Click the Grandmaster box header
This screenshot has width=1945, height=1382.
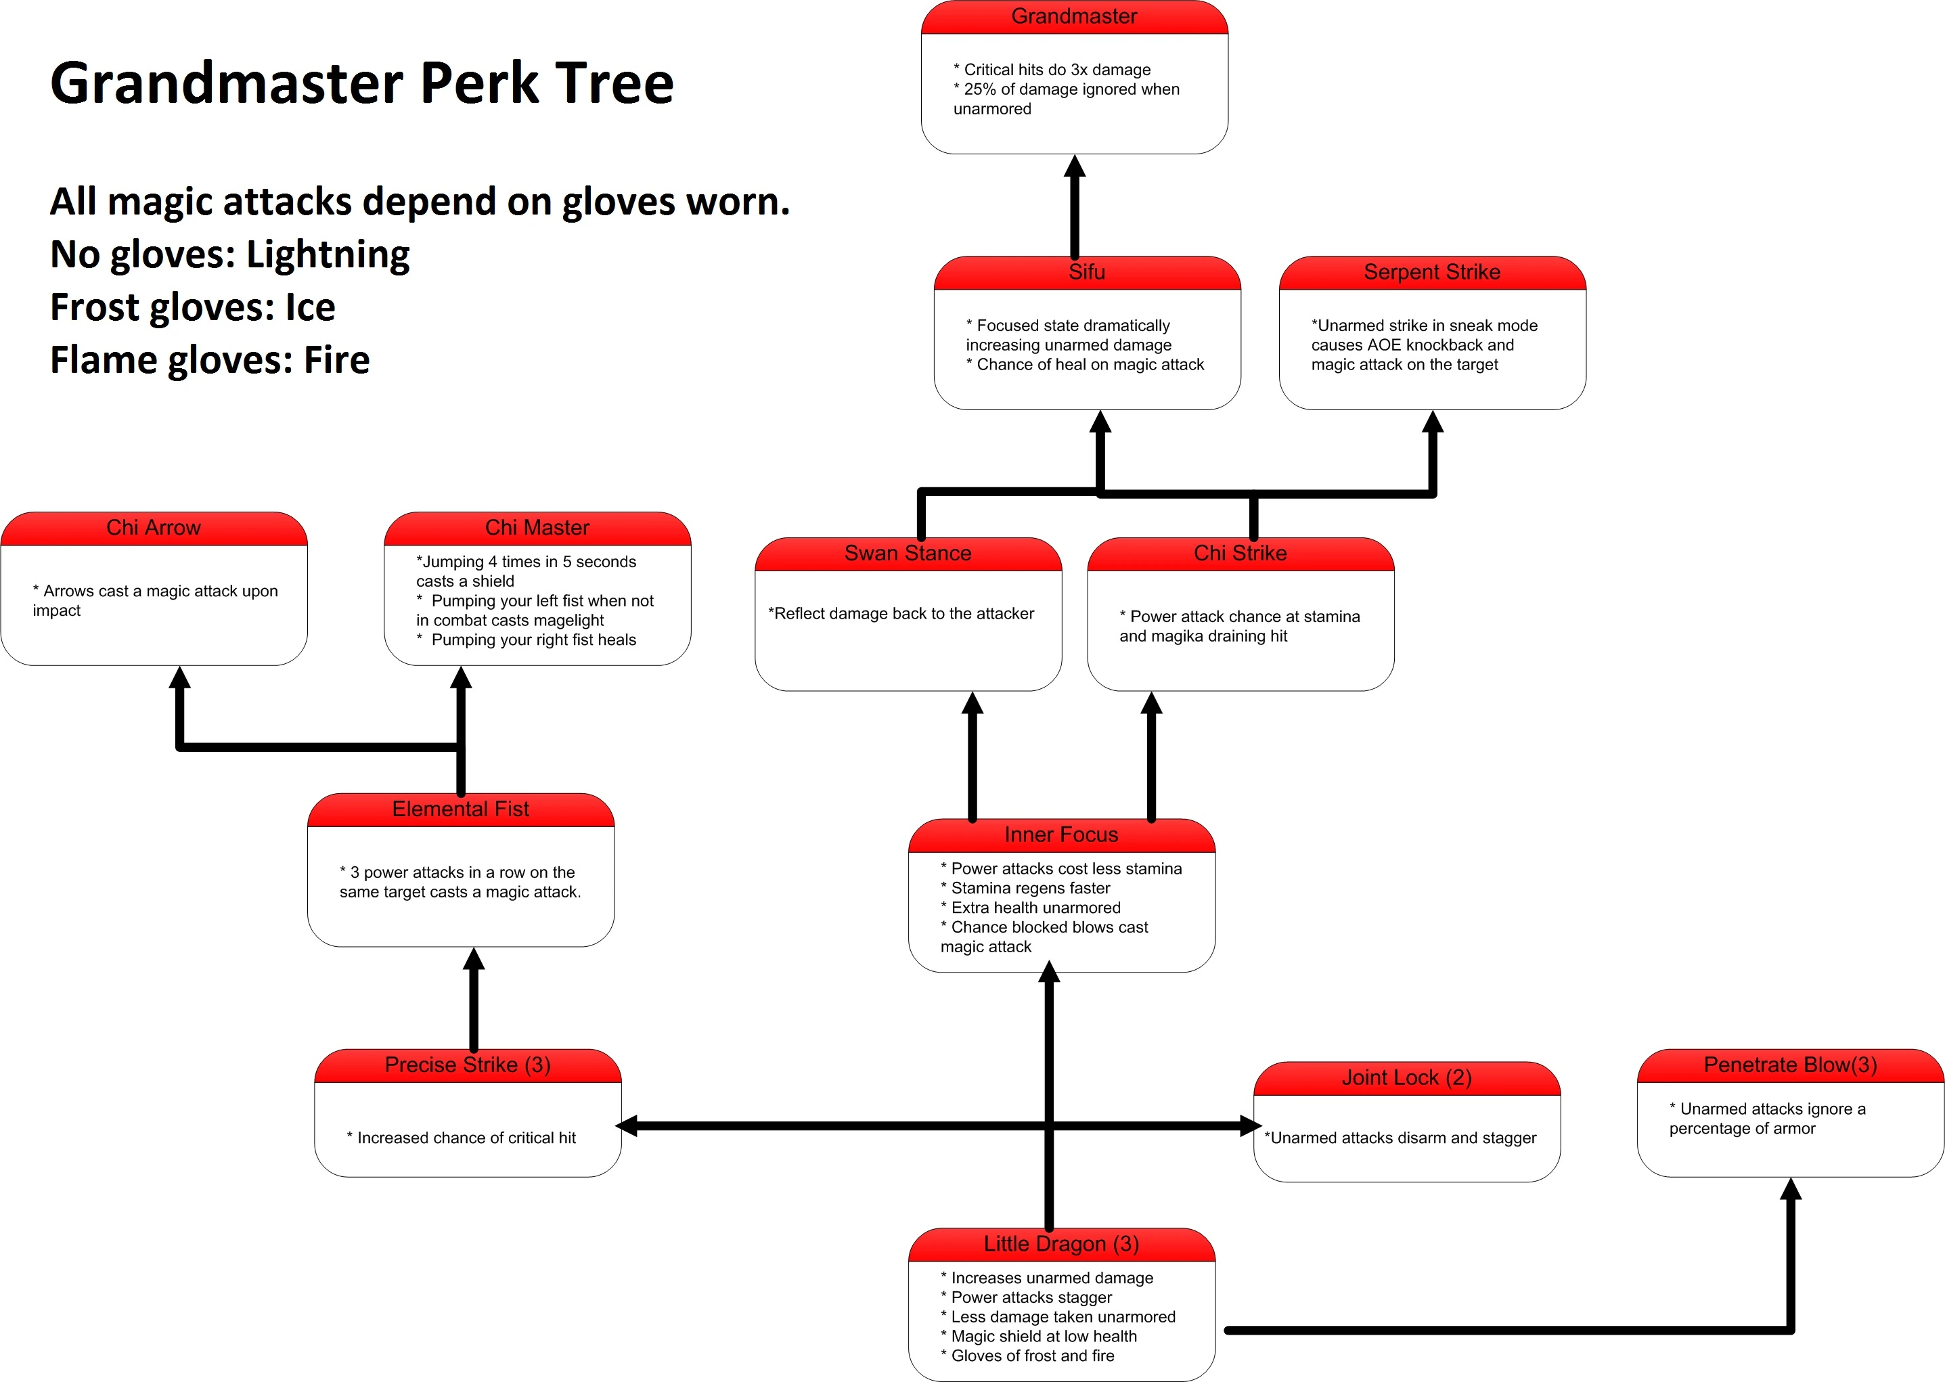click(1074, 17)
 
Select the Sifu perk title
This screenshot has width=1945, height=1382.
click(1086, 272)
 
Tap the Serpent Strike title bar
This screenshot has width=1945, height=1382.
click(1432, 272)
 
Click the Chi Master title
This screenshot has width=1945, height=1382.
click(537, 528)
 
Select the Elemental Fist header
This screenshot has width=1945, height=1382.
click(460, 809)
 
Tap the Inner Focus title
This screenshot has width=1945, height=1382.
click(1061, 834)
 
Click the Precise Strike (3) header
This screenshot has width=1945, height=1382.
click(467, 1065)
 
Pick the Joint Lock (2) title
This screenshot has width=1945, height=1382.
click(1406, 1077)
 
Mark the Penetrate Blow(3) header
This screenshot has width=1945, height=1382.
click(1790, 1065)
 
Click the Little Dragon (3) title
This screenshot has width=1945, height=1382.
click(1061, 1244)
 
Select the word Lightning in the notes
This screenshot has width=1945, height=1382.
click(328, 254)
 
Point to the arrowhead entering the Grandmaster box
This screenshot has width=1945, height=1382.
click(1075, 166)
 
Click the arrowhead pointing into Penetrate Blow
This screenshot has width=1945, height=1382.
click(1791, 1190)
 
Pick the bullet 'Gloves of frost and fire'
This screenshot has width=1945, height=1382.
click(1032, 1356)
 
